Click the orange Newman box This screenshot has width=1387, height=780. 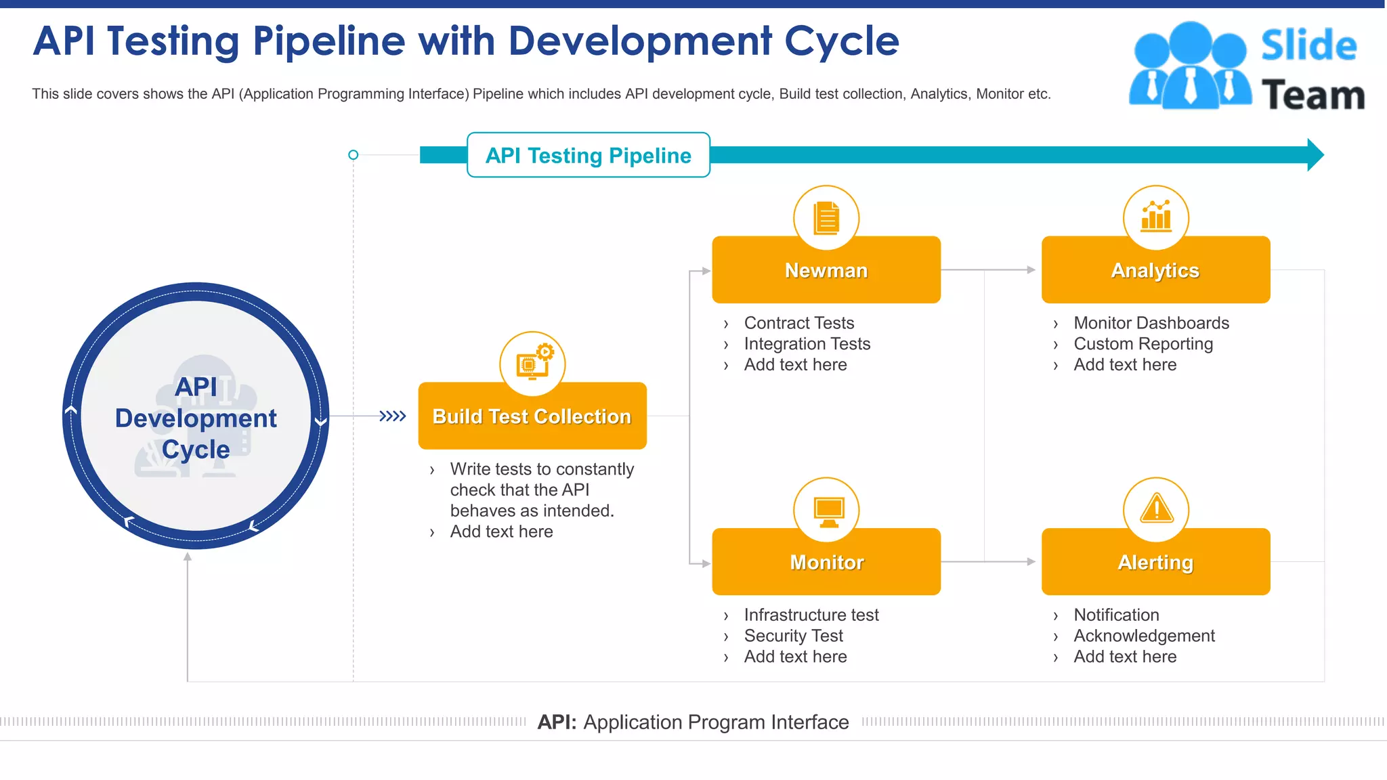(x=826, y=270)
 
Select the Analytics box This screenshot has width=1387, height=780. (x=1155, y=270)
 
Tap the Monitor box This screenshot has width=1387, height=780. (x=826, y=562)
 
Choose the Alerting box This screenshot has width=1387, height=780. (x=1155, y=562)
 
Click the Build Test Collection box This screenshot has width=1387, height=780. (x=532, y=416)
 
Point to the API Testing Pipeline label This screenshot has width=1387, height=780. (x=588, y=155)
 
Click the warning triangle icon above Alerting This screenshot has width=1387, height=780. (x=1156, y=509)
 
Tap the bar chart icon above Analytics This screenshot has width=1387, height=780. (x=1156, y=217)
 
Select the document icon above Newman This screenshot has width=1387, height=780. (x=826, y=217)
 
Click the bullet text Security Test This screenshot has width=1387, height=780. (x=793, y=636)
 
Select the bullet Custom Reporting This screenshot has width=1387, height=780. (x=1143, y=344)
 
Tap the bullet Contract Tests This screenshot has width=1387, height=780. (x=799, y=323)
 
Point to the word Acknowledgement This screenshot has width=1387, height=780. (x=1144, y=636)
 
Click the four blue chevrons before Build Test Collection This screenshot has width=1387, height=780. (x=393, y=416)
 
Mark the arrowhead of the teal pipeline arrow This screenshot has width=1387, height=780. (x=1315, y=155)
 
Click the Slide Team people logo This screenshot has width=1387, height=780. (x=1189, y=66)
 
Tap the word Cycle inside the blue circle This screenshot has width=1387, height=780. (x=196, y=450)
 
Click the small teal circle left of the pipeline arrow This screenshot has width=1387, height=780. (x=353, y=155)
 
